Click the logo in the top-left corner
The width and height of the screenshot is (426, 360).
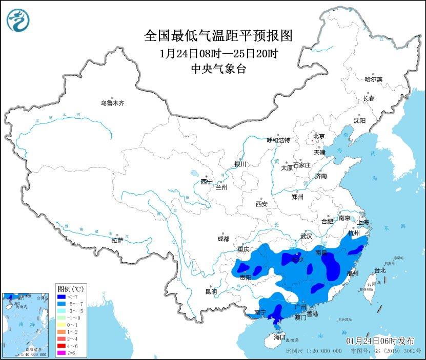tap(18, 20)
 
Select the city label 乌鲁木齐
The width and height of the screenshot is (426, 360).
tap(112, 103)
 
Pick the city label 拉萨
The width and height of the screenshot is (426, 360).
tap(117, 240)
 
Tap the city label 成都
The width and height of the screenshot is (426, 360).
tap(223, 239)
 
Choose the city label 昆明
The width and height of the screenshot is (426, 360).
tap(211, 291)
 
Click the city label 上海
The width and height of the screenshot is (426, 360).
tap(363, 222)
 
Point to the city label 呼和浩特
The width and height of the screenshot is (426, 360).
tap(278, 140)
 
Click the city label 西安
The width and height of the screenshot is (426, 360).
tap(261, 204)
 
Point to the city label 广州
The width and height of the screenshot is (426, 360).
tap(301, 306)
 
